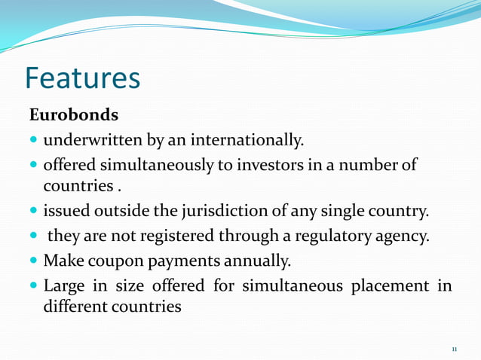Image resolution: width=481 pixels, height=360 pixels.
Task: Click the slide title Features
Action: pyautogui.click(x=83, y=78)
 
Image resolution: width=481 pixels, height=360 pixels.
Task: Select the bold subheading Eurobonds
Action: pyautogui.click(x=73, y=116)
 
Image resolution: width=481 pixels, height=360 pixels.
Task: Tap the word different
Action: pyautogui.click(x=75, y=307)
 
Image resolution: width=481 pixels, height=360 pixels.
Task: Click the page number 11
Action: pyautogui.click(x=455, y=349)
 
